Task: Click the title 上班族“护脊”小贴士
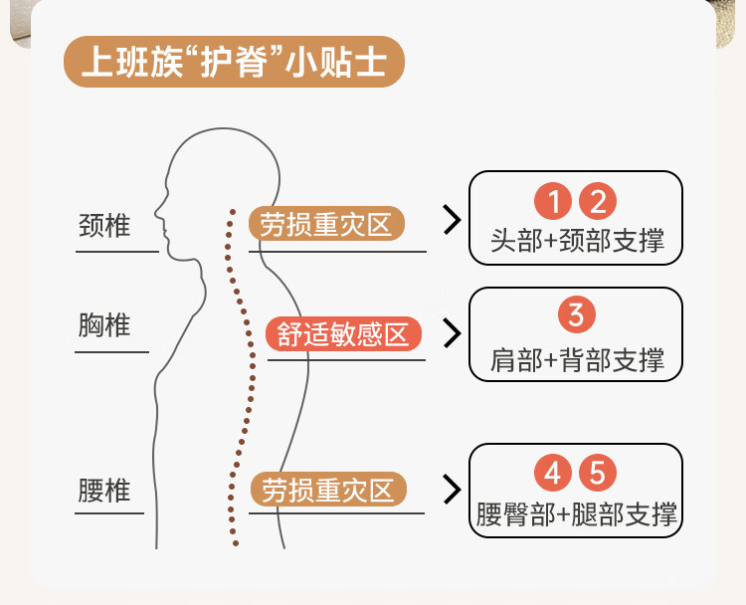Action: coord(234,63)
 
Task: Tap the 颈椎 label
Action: coord(104,226)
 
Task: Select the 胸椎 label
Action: coord(104,325)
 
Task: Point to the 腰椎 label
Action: coord(104,491)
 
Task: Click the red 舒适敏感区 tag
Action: coord(343,333)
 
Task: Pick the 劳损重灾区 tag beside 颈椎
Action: coord(327,224)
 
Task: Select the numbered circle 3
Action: coord(576,315)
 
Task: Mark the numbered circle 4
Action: coord(553,473)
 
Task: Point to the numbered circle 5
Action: coord(597,473)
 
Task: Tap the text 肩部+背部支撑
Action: coord(577,358)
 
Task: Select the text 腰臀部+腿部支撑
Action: coord(577,514)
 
